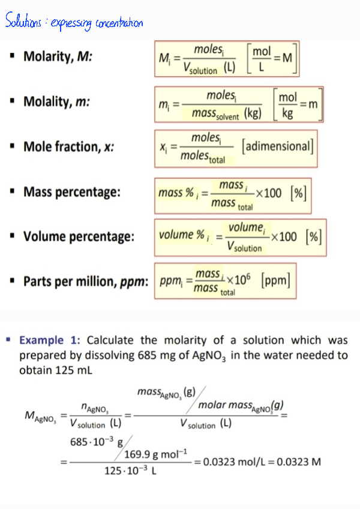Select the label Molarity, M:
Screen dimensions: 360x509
(58, 57)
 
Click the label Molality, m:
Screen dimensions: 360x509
(56, 101)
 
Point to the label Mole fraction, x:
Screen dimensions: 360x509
(68, 146)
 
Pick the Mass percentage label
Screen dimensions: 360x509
(71, 192)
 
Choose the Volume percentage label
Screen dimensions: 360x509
(79, 236)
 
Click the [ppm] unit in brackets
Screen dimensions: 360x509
(277, 280)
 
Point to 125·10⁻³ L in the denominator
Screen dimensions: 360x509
(130, 471)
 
